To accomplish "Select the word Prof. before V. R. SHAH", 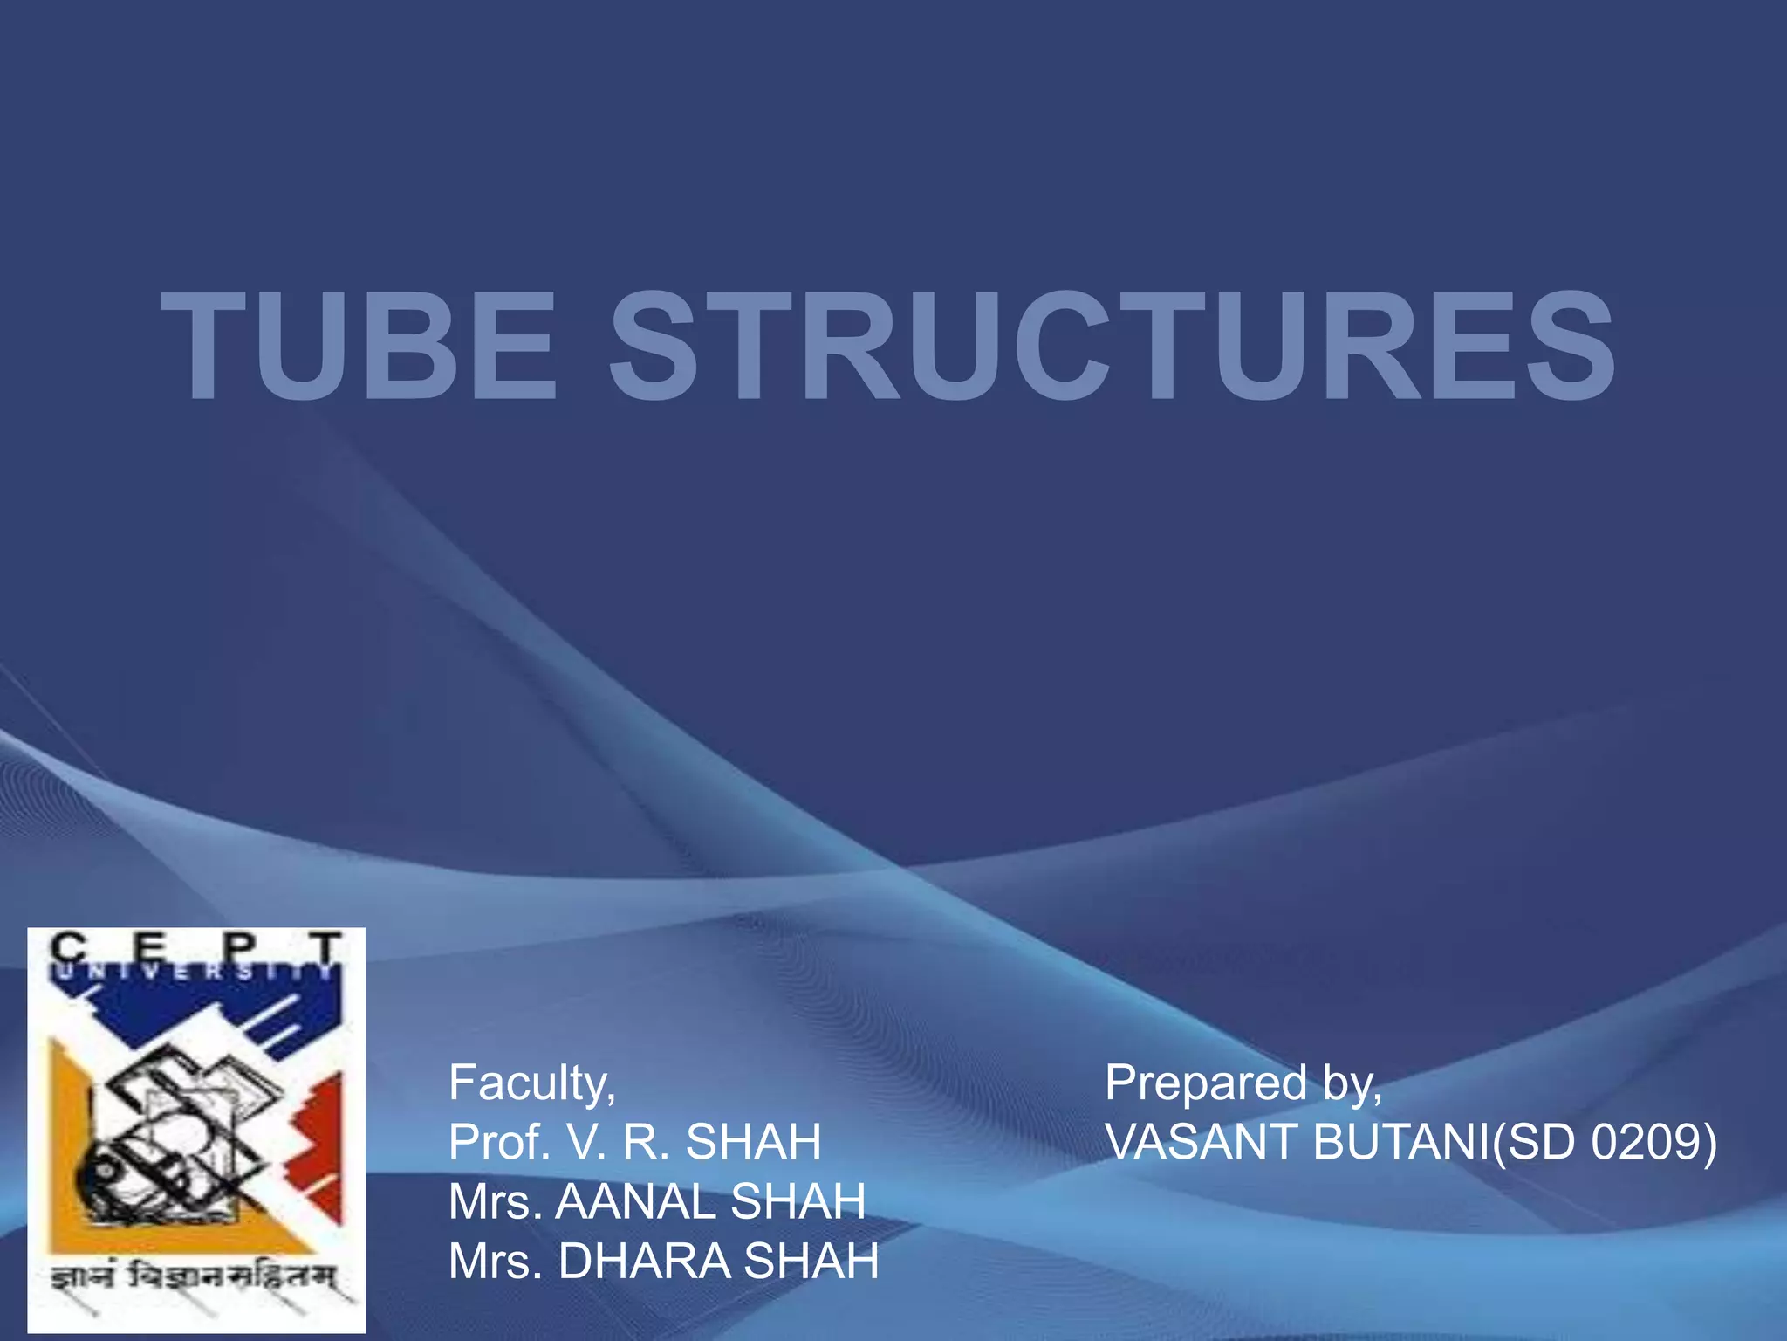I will point(498,1141).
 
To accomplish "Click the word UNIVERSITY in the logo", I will point(196,972).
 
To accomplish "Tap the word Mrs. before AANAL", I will point(496,1201).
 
